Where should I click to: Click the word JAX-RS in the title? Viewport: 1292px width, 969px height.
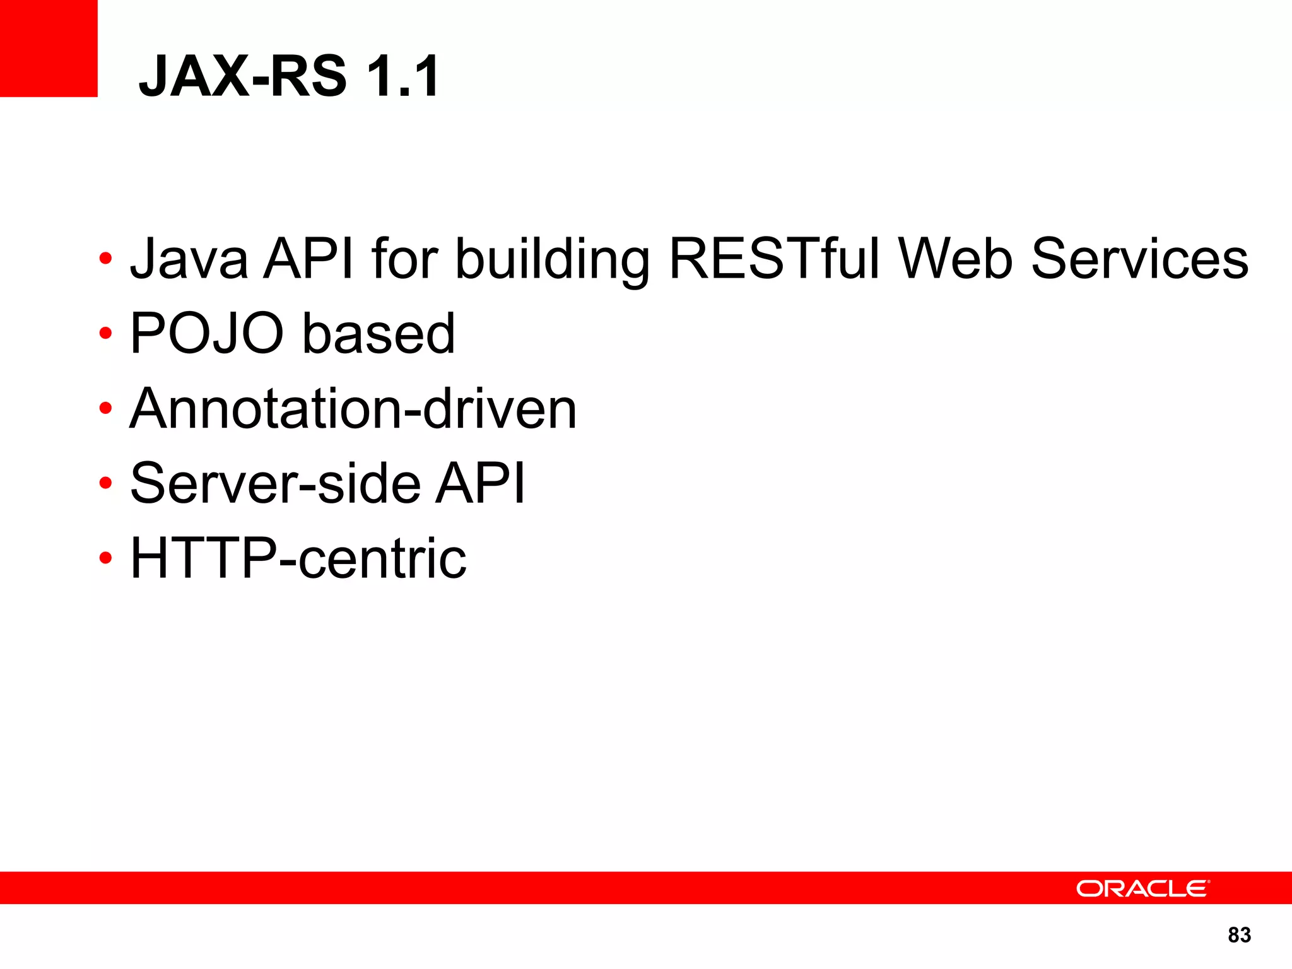[242, 76]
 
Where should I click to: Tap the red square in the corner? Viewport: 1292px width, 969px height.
[48, 48]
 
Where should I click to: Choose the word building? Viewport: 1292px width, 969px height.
[552, 260]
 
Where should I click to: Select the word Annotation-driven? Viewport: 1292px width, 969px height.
[353, 409]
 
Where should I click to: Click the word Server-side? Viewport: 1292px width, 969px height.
[275, 483]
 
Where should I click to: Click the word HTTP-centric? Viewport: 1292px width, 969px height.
[298, 558]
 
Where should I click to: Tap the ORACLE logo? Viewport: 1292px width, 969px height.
[1142, 888]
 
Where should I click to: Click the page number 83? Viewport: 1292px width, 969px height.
[1239, 935]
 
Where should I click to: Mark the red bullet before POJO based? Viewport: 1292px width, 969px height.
[105, 333]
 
